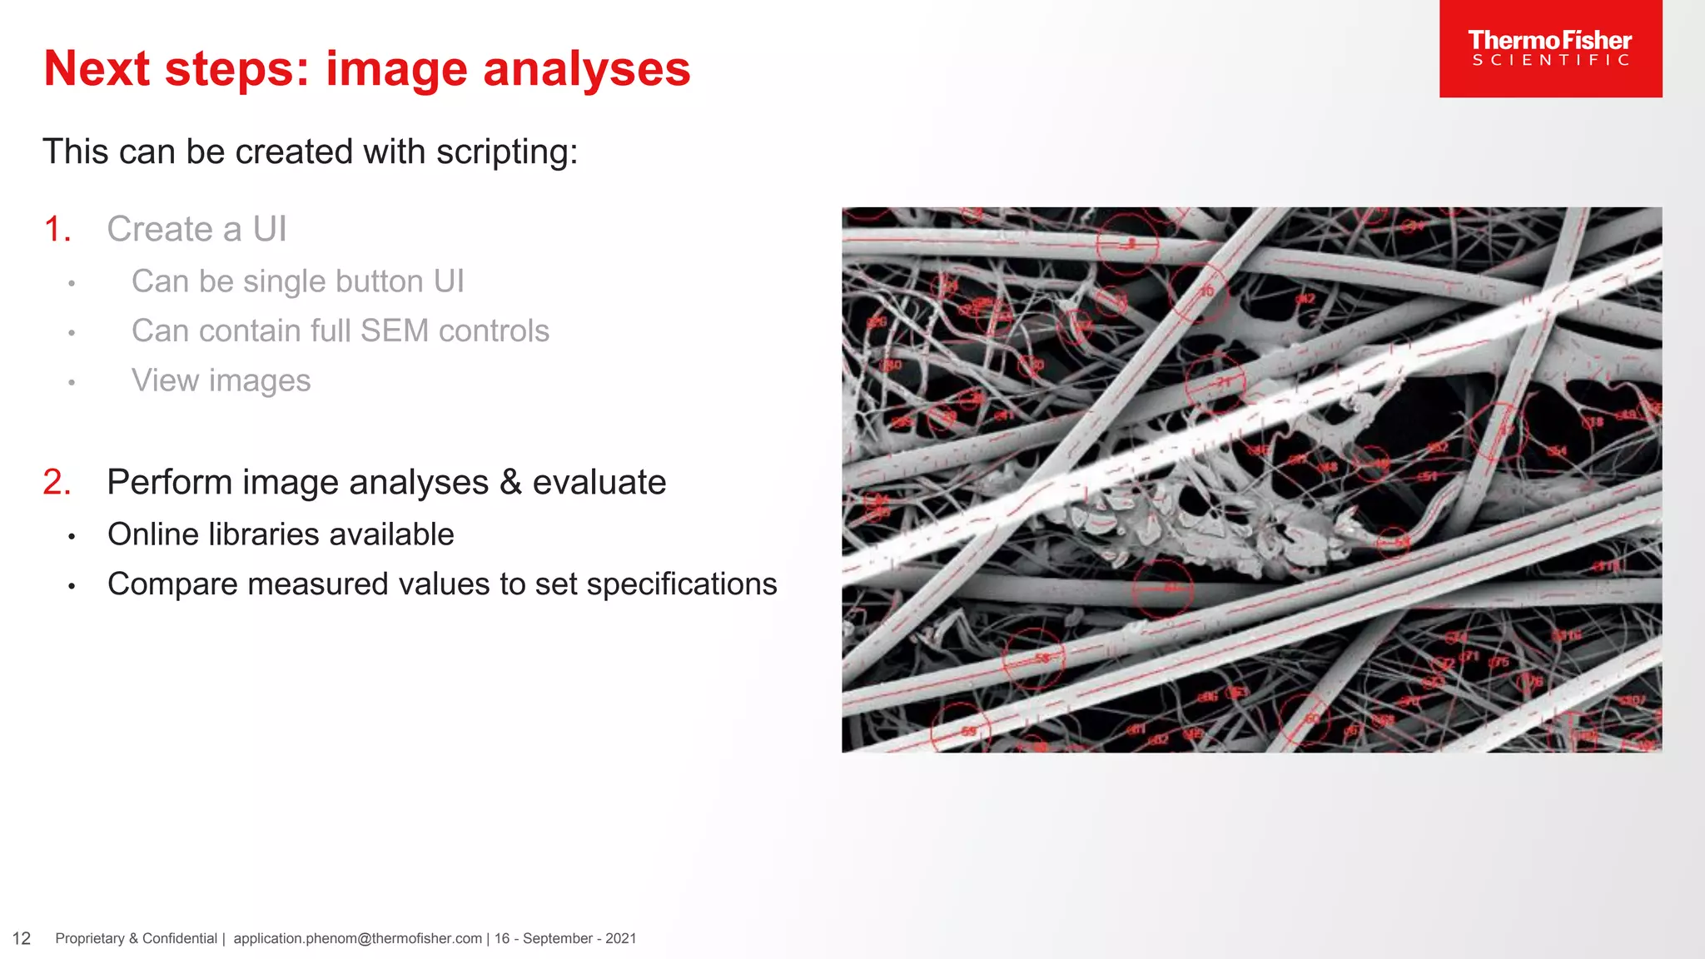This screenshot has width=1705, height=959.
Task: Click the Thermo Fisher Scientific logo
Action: pyautogui.click(x=1550, y=48)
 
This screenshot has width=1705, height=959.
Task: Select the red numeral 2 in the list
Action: pyautogui.click(x=56, y=483)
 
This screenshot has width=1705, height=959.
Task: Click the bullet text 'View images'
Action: pyautogui.click(x=221, y=380)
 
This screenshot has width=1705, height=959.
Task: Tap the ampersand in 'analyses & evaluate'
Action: pyautogui.click(x=510, y=483)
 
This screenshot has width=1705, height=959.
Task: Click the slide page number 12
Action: pyautogui.click(x=22, y=939)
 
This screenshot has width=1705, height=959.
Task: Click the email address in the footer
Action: pyautogui.click(x=357, y=939)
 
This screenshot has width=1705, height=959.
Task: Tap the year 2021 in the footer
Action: pyautogui.click(x=620, y=939)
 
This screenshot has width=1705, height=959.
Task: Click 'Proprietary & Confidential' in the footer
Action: pyautogui.click(x=136, y=939)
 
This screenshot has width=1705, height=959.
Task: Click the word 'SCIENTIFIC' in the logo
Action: pyautogui.click(x=1550, y=61)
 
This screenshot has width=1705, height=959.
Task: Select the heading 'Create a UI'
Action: pyautogui.click(x=196, y=230)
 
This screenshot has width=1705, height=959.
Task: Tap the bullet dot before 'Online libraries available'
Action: pyautogui.click(x=72, y=537)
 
